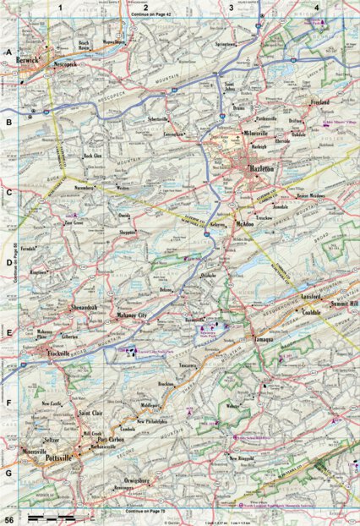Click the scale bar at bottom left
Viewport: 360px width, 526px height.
point(51,516)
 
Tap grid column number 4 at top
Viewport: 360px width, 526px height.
point(315,7)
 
